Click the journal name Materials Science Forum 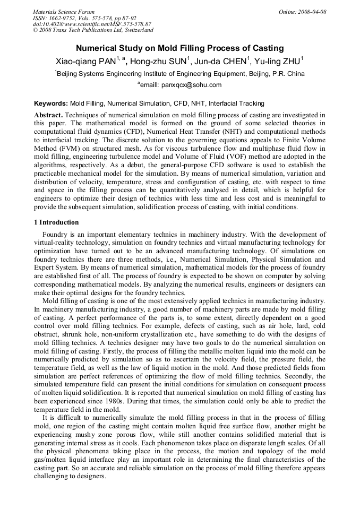point(64,12)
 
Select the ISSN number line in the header point(84,18)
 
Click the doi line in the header point(91,24)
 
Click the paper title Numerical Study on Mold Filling point(179,47)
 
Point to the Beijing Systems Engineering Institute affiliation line point(181,74)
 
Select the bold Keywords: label point(50,103)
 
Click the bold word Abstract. point(48,115)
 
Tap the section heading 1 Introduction point(56,222)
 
